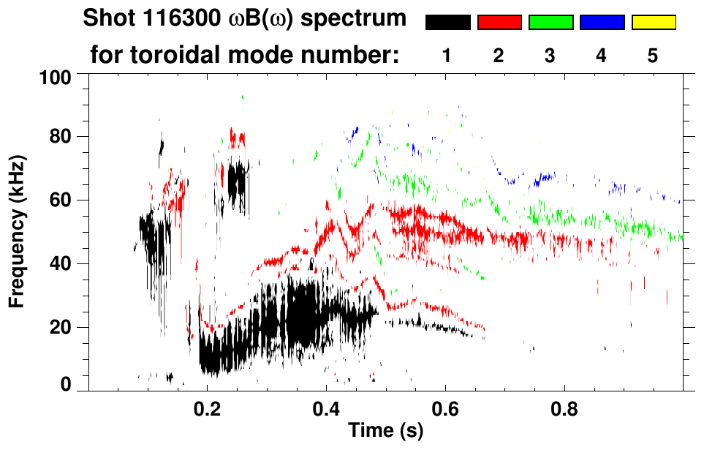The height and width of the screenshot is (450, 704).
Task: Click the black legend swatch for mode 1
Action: pyautogui.click(x=448, y=23)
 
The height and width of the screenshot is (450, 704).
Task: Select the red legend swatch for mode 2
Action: pyautogui.click(x=499, y=23)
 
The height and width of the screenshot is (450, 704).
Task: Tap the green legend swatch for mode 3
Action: pyautogui.click(x=550, y=23)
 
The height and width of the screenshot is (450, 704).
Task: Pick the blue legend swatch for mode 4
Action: pyautogui.click(x=602, y=23)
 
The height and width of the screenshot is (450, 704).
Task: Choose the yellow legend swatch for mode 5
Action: pyautogui.click(x=654, y=23)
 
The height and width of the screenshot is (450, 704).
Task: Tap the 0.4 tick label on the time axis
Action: pyautogui.click(x=326, y=408)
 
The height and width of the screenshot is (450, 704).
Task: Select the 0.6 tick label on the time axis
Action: pyautogui.click(x=444, y=408)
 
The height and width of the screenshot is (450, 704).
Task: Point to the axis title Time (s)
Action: pyautogui.click(x=385, y=432)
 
